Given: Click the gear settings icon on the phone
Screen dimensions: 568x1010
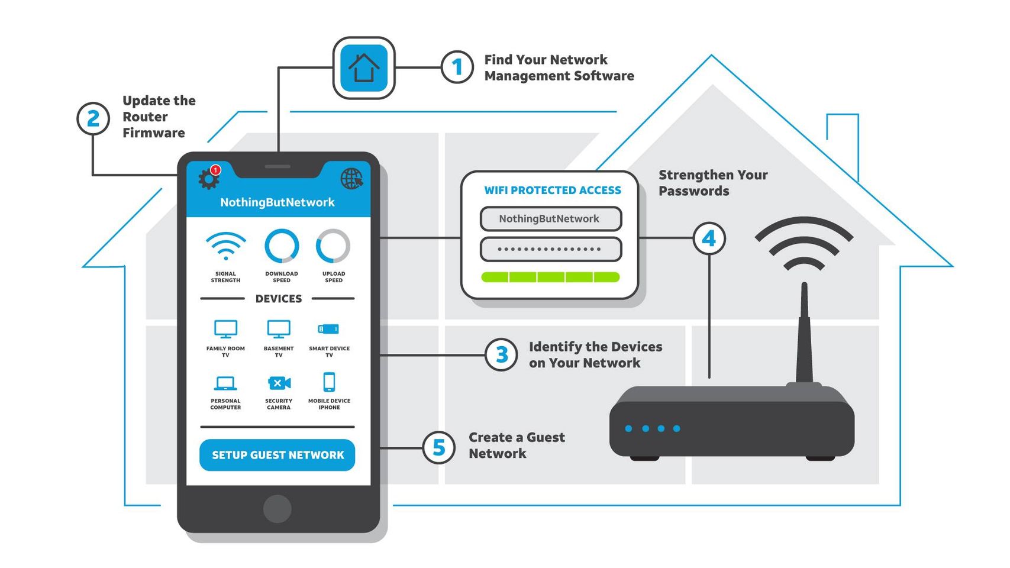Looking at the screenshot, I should point(208,179).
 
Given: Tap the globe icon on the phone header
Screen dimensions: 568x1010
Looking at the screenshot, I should point(351,178).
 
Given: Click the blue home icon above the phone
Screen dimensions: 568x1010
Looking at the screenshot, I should point(363,68).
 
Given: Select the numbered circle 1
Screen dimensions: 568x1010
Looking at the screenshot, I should point(457,67).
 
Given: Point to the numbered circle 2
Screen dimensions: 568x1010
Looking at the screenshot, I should point(93,118).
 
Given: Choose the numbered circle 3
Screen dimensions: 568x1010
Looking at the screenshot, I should point(501,355).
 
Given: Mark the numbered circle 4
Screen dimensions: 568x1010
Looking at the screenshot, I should point(709,238).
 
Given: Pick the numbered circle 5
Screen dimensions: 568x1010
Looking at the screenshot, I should point(438,448).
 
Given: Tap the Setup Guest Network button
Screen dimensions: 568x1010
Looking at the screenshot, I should point(277,455).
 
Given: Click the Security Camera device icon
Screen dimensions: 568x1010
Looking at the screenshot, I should point(279,383).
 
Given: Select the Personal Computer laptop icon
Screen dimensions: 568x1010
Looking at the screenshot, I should point(225,383).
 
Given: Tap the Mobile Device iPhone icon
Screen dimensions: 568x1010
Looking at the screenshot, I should point(329,382).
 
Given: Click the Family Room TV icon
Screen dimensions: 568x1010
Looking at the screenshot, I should point(225,329).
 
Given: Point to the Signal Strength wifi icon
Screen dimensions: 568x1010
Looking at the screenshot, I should point(225,246).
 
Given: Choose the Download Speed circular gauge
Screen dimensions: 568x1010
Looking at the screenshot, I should point(282,246).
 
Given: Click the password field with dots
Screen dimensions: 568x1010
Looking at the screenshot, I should point(550,249).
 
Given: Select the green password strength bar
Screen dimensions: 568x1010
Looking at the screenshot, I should point(550,277).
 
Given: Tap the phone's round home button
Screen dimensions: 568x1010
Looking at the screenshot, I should point(277,508).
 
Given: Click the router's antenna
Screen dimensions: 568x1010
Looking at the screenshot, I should point(804,334).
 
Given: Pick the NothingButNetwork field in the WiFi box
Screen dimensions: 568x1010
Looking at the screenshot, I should point(550,219).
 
